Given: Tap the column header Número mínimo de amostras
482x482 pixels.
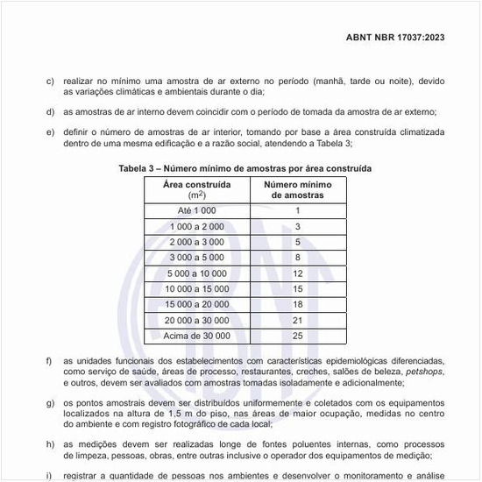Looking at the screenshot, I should click(x=297, y=189).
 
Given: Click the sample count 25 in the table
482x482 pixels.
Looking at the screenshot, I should click(x=298, y=336).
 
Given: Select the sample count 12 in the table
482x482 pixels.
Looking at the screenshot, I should click(x=298, y=273).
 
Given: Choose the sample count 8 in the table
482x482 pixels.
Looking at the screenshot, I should click(x=298, y=258).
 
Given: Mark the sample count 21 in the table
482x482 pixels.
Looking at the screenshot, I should click(x=298, y=320).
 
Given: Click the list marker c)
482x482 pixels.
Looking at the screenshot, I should click(x=50, y=81).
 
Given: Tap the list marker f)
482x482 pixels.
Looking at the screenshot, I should click(x=50, y=361).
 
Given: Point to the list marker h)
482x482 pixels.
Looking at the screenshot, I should click(x=50, y=443).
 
